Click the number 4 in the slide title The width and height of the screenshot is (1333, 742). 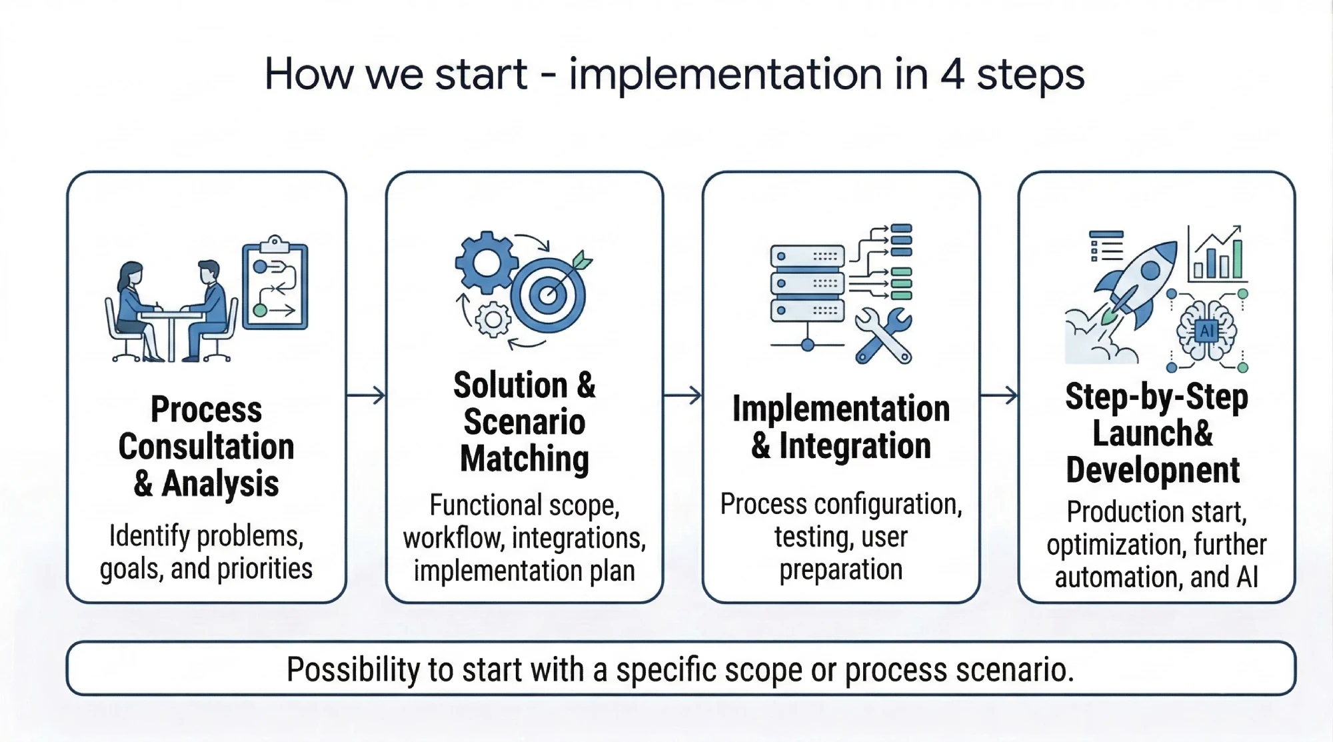point(952,74)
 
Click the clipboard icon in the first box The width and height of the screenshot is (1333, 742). point(275,287)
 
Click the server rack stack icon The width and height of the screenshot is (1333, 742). point(807,284)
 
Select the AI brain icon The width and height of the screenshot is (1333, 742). point(1206,331)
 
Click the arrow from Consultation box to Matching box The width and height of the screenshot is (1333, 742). point(366,395)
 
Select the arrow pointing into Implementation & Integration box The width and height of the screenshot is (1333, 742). point(682,395)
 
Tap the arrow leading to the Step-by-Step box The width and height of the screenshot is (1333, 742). point(998,395)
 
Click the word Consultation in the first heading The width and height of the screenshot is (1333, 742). point(206,447)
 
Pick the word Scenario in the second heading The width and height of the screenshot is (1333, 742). point(525,422)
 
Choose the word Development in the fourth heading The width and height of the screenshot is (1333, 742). point(1152,470)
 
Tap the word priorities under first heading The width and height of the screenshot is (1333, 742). point(265,569)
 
